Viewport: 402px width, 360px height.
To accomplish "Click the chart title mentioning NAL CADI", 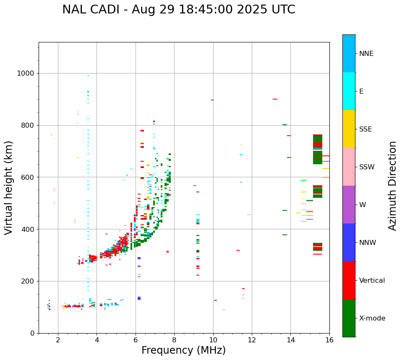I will point(178,10).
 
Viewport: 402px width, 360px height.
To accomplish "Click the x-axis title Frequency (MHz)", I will point(183,350).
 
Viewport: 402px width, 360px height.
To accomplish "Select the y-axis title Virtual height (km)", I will point(9,187).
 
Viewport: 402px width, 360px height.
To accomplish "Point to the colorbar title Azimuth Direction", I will point(392,185).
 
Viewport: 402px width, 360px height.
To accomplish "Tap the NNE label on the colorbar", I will point(366,54).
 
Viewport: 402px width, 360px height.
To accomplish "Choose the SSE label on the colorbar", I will point(365,129).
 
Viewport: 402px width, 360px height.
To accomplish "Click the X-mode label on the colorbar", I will point(372,318).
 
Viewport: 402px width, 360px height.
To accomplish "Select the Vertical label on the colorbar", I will point(372,281).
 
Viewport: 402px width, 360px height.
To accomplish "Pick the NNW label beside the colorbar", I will point(367,243).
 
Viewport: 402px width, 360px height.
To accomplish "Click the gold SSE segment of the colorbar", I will point(349,129).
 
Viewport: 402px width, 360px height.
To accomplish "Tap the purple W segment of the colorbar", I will point(349,205).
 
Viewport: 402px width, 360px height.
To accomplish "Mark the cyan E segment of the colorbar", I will point(349,91).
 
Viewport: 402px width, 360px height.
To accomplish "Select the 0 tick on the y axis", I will point(32,333).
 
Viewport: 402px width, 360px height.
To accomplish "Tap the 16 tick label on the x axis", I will point(329,340).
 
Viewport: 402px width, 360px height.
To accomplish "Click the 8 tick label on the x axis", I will point(174,340).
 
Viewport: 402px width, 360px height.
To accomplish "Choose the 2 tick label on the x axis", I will point(58,340).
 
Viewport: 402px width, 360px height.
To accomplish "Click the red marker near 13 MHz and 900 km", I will point(275,99).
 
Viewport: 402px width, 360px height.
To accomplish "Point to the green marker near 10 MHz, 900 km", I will point(212,100).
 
